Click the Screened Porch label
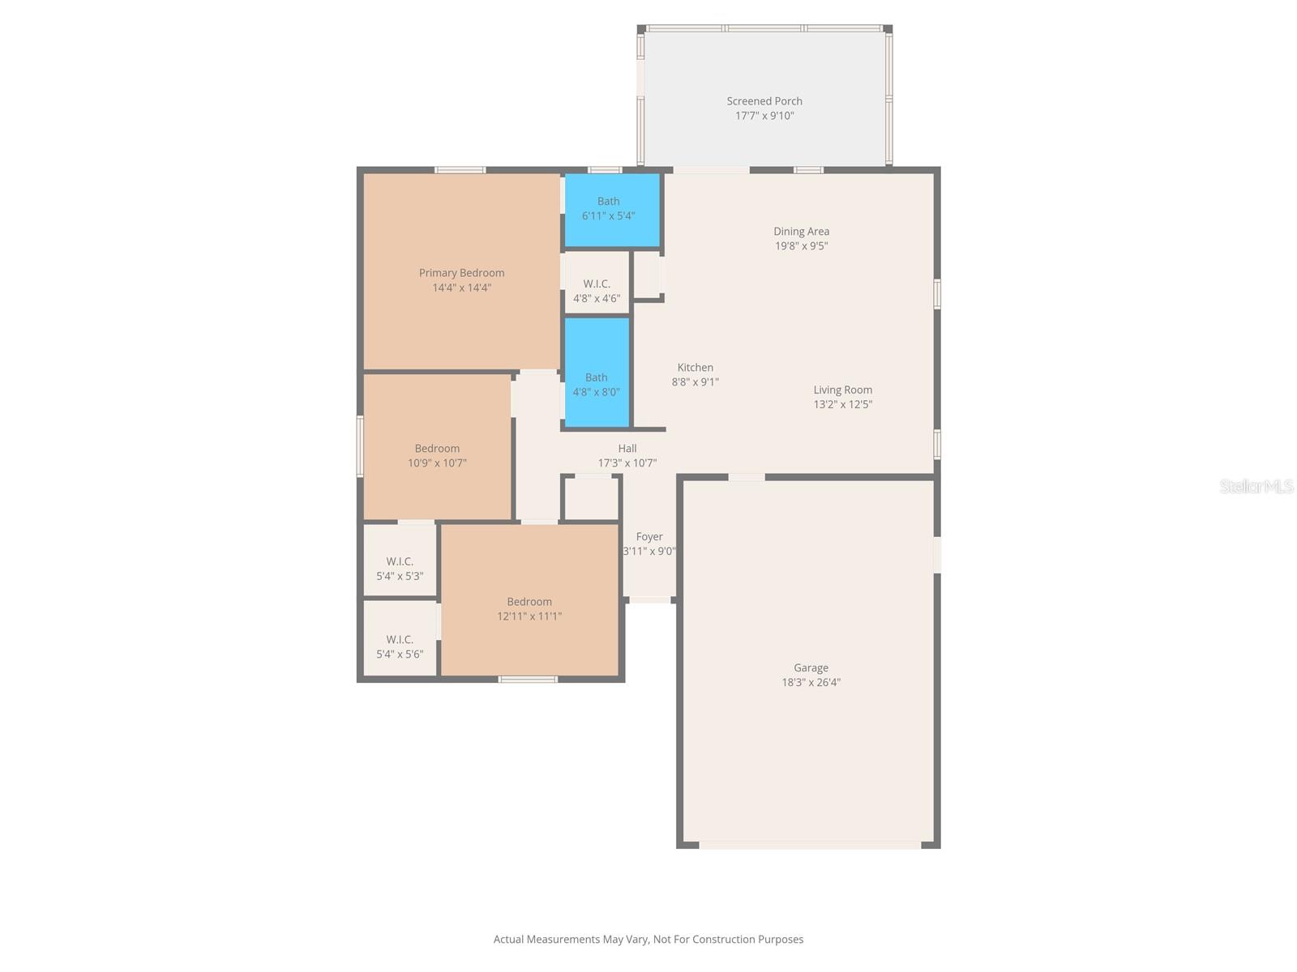coord(764,101)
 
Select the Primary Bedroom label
coord(461,273)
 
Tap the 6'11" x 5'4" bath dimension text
coord(608,216)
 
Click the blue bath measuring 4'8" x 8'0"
coord(597,373)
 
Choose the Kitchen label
coord(695,368)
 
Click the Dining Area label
coord(801,232)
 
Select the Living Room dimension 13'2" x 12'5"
coord(842,404)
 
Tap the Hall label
coord(627,449)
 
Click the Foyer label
coord(649,537)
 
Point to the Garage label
coord(811,668)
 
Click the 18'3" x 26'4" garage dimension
coord(811,683)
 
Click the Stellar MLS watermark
coord(1256,486)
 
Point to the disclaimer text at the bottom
coord(648,940)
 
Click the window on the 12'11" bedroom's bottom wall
coord(528,679)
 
